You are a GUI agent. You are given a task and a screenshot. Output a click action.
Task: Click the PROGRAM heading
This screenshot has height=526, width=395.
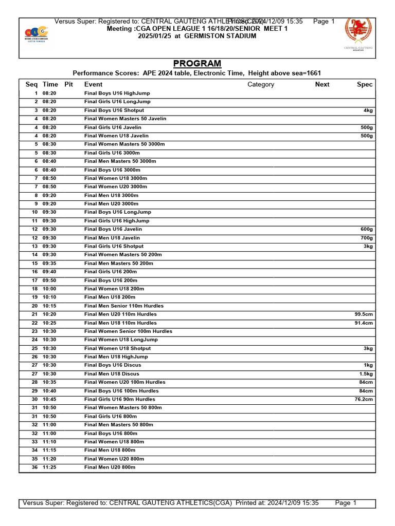pyautogui.click(x=197, y=64)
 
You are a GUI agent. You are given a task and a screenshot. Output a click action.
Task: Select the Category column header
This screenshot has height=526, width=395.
pyautogui.click(x=261, y=84)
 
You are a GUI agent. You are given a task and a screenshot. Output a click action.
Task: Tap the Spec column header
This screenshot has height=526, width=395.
pyautogui.click(x=364, y=84)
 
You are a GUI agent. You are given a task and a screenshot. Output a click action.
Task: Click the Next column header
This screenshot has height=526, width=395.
pyautogui.click(x=322, y=84)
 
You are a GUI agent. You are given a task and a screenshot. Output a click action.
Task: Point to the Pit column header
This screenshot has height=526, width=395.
pyautogui.click(x=68, y=84)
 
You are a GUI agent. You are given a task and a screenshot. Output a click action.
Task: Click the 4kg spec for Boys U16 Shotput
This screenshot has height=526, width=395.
pyautogui.click(x=367, y=110)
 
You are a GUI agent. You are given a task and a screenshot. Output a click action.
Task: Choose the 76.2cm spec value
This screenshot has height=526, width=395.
pyautogui.click(x=363, y=399)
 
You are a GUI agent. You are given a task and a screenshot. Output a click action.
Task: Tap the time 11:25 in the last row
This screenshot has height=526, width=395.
pyautogui.click(x=50, y=467)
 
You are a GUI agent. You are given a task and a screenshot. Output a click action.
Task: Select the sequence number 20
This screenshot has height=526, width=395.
pyautogui.click(x=34, y=306)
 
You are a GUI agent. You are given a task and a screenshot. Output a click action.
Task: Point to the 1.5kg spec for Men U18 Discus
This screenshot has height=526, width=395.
pyautogui.click(x=366, y=374)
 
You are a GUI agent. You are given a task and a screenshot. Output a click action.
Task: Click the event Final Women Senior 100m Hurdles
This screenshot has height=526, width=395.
pyautogui.click(x=128, y=331)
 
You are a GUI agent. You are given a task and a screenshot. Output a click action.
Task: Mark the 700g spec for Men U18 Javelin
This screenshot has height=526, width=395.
pyautogui.click(x=366, y=238)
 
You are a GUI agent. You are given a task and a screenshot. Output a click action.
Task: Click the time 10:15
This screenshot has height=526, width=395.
pyautogui.click(x=50, y=306)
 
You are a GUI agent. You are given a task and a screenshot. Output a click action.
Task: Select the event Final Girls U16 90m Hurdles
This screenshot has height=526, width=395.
pyautogui.click(x=119, y=399)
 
